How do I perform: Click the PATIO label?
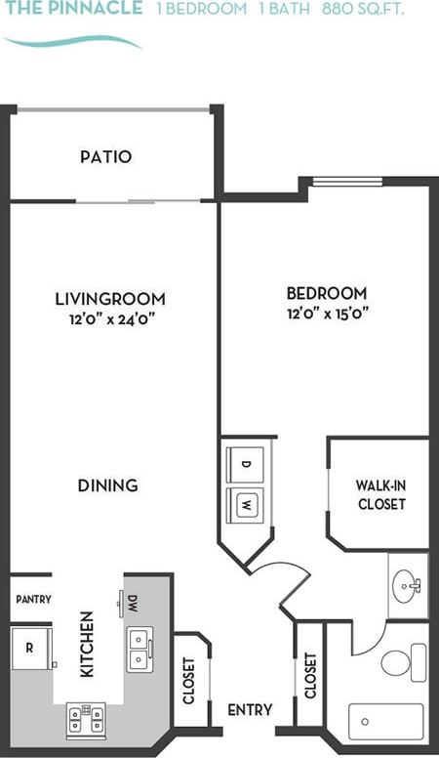(106, 156)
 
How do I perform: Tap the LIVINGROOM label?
(110, 299)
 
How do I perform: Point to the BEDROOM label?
(327, 293)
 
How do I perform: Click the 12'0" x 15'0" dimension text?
(327, 313)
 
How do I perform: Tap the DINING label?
(107, 484)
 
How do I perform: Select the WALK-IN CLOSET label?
(380, 494)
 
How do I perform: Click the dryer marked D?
(246, 464)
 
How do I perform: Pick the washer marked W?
(246, 505)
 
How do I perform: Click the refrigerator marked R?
(30, 648)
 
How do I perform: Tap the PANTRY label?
(33, 599)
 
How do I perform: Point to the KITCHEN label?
(87, 645)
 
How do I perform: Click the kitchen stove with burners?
(87, 719)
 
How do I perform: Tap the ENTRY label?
(250, 710)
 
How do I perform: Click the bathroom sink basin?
(406, 586)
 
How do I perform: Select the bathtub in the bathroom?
(386, 721)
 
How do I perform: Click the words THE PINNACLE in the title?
(73, 9)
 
